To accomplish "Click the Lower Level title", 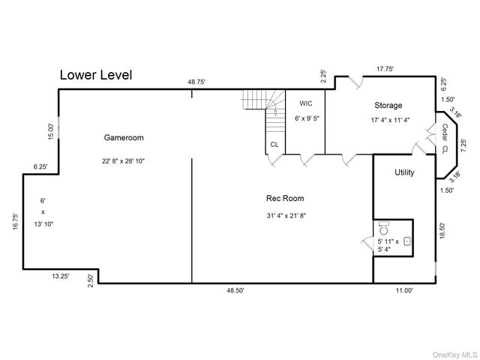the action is tap(96, 75).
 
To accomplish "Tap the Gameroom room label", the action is tap(124, 137).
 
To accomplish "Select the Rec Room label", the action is tap(285, 198).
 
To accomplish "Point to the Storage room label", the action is tap(388, 105).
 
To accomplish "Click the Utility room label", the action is tap(404, 172).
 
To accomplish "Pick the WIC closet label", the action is tap(306, 103).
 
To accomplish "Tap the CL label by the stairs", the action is tap(274, 144).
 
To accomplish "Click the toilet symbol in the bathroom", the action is tap(384, 227).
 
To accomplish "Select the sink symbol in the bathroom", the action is tap(407, 241).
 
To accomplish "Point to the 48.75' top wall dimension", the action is tap(196, 82).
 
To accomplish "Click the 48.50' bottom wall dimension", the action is tap(235, 290).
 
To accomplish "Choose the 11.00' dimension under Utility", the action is tap(404, 290).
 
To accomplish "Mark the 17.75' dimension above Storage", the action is tap(385, 69).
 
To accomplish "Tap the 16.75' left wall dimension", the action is tap(16, 222).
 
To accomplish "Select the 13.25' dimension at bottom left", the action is tap(60, 276).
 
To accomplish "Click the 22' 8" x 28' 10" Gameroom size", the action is tap(123, 161).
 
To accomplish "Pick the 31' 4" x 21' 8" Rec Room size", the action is tap(286, 215).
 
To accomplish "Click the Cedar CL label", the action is tap(445, 138).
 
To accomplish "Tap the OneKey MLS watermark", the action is tap(454, 355).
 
